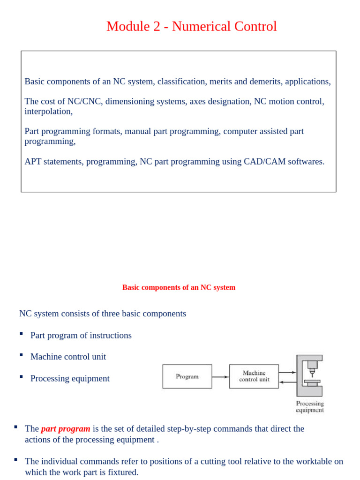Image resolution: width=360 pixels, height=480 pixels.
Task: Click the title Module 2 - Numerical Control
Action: (x=191, y=27)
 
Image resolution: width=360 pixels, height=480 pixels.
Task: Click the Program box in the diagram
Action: (x=187, y=376)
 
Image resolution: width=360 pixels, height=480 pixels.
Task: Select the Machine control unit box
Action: (x=254, y=376)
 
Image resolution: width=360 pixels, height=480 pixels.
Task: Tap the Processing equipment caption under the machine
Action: (x=309, y=406)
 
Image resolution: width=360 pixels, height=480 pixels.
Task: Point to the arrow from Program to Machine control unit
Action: (x=220, y=376)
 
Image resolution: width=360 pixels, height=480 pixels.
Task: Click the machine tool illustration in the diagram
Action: (x=309, y=375)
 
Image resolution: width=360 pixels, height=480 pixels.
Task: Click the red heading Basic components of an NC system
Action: (x=179, y=287)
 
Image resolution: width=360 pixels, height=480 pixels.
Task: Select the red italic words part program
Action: (x=66, y=428)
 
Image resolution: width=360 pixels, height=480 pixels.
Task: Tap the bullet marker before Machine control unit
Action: (x=21, y=355)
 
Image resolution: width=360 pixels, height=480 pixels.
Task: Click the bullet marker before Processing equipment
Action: (x=21, y=376)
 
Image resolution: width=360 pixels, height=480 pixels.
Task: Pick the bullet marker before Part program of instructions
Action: (x=21, y=333)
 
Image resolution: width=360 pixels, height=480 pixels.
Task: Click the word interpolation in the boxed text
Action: (x=48, y=112)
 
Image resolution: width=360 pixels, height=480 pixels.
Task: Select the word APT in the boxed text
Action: (x=33, y=162)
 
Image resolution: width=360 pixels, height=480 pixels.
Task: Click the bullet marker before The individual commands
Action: (x=15, y=459)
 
